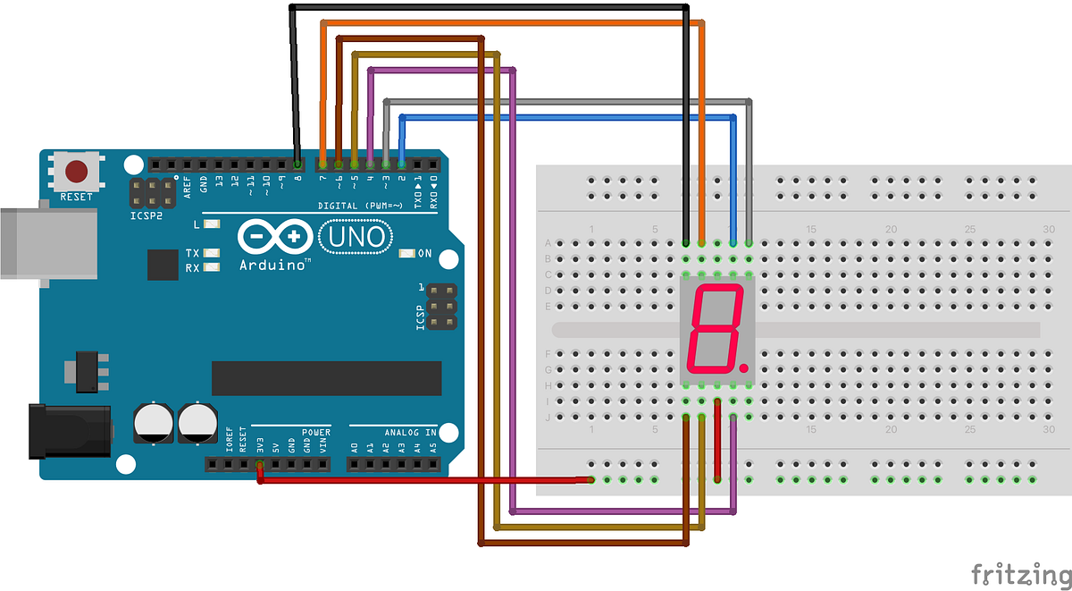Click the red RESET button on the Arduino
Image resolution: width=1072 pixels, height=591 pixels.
(x=78, y=171)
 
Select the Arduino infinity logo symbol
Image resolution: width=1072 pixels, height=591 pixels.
(x=276, y=237)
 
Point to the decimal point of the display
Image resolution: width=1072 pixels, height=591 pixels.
(x=743, y=367)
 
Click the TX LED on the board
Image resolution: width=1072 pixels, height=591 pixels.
(x=212, y=253)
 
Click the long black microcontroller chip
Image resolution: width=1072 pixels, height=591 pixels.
(x=326, y=378)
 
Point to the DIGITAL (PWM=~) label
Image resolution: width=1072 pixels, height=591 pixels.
(x=362, y=206)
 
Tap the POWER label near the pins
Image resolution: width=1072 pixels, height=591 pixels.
(x=315, y=432)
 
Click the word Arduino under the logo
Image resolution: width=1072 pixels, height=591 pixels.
(x=275, y=266)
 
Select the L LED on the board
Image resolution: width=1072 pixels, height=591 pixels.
(x=212, y=224)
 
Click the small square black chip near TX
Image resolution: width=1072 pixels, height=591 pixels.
(x=163, y=264)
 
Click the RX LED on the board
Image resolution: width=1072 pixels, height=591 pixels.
(x=212, y=267)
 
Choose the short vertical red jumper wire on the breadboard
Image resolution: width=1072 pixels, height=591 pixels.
(x=717, y=440)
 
